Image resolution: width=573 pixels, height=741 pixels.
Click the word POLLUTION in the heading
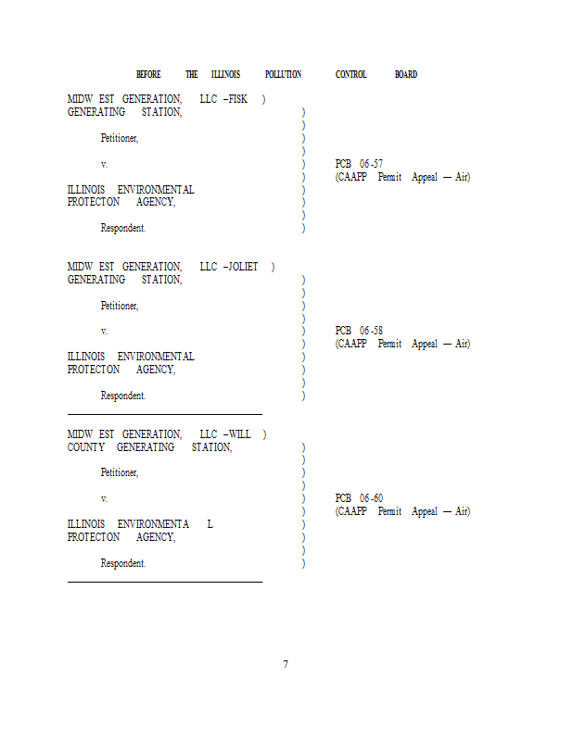pyautogui.click(x=283, y=74)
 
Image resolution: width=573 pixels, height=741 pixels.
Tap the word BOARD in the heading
pyautogui.click(x=406, y=74)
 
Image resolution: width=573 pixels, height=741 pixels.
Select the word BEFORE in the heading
pyautogui.click(x=148, y=74)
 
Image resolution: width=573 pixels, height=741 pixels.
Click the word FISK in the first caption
pyautogui.click(x=237, y=99)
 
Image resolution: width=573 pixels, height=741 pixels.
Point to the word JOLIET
pyautogui.click(x=243, y=267)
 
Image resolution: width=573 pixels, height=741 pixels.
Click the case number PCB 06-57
pyautogui.click(x=359, y=164)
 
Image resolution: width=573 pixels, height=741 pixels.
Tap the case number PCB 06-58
pyautogui.click(x=359, y=331)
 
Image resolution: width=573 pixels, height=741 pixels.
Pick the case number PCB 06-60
pyautogui.click(x=359, y=498)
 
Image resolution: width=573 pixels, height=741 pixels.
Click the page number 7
pyautogui.click(x=286, y=664)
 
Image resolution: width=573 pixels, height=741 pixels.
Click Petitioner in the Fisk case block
pyautogui.click(x=120, y=138)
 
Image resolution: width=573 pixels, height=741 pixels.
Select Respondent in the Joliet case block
pyautogui.click(x=123, y=396)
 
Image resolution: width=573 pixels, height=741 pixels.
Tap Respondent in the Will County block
pyautogui.click(x=123, y=563)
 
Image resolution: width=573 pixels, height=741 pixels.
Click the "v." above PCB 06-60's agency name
pyautogui.click(x=104, y=498)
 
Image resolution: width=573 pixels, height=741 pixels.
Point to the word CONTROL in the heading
pyautogui.click(x=351, y=74)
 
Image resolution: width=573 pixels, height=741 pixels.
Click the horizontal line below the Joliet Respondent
pyautogui.click(x=165, y=413)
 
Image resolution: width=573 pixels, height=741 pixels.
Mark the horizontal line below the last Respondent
pyautogui.click(x=165, y=581)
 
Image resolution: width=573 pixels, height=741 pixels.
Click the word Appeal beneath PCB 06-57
pyautogui.click(x=425, y=177)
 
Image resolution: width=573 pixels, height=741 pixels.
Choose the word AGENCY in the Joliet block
pyautogui.click(x=156, y=370)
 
